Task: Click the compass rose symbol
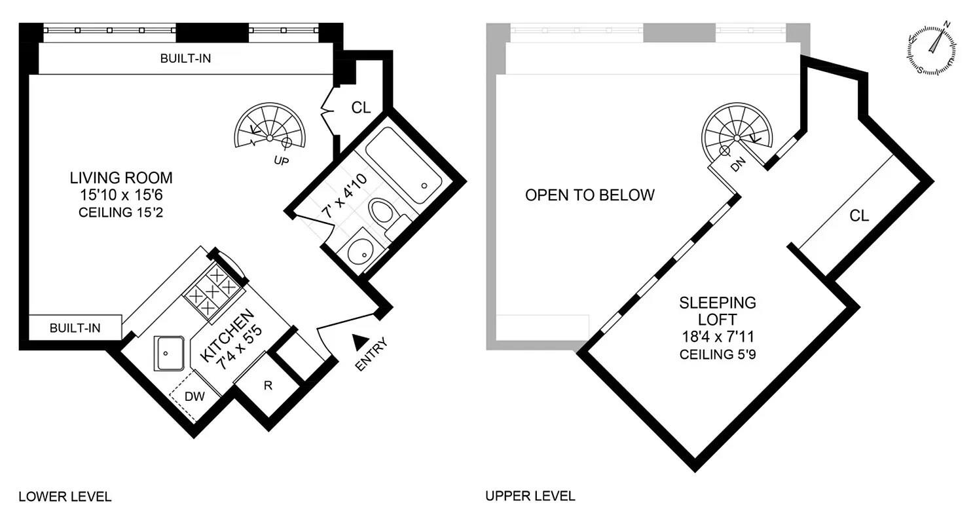click(932, 50)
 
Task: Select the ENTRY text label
click(371, 355)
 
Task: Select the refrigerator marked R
click(267, 386)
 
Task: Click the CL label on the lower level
click(361, 107)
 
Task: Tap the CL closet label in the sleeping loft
click(859, 215)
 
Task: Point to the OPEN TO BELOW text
click(589, 195)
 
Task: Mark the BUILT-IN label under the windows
click(185, 58)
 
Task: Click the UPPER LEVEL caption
click(530, 496)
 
